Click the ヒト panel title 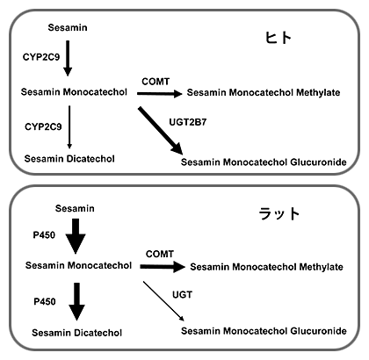click(x=279, y=38)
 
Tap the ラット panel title click(x=279, y=213)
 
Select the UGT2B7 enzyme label click(x=188, y=122)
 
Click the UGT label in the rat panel click(x=182, y=294)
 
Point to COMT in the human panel click(x=156, y=82)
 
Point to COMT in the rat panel click(x=160, y=254)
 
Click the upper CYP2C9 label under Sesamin click(x=41, y=57)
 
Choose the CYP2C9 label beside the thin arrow click(x=43, y=126)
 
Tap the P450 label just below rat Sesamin click(x=44, y=234)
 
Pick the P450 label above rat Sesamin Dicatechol click(x=45, y=301)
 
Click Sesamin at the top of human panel click(x=68, y=27)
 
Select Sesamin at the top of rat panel click(x=75, y=208)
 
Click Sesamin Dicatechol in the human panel click(x=69, y=159)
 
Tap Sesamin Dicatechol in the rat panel click(x=77, y=333)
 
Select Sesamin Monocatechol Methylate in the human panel click(x=264, y=92)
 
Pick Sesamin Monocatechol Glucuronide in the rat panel click(x=264, y=331)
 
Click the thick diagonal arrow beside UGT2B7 click(x=161, y=131)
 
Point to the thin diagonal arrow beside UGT click(x=163, y=301)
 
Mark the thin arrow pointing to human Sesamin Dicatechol click(x=69, y=127)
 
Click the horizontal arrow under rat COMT click(x=163, y=267)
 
